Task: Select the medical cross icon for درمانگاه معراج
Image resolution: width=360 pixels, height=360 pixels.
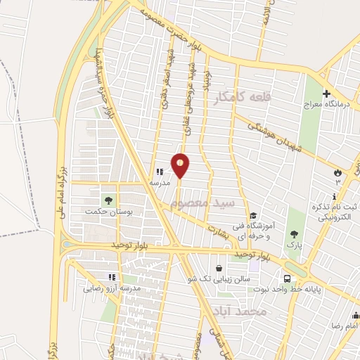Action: click(x=327, y=94)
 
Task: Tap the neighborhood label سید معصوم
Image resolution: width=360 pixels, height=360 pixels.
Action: click(x=201, y=204)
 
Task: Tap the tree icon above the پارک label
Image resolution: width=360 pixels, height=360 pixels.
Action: click(x=294, y=234)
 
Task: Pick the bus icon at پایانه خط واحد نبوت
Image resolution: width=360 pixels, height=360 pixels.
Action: click(x=288, y=278)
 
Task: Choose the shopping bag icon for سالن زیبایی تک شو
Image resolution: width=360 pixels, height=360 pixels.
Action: click(x=219, y=268)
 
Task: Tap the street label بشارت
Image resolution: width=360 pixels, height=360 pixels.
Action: click(x=219, y=229)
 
